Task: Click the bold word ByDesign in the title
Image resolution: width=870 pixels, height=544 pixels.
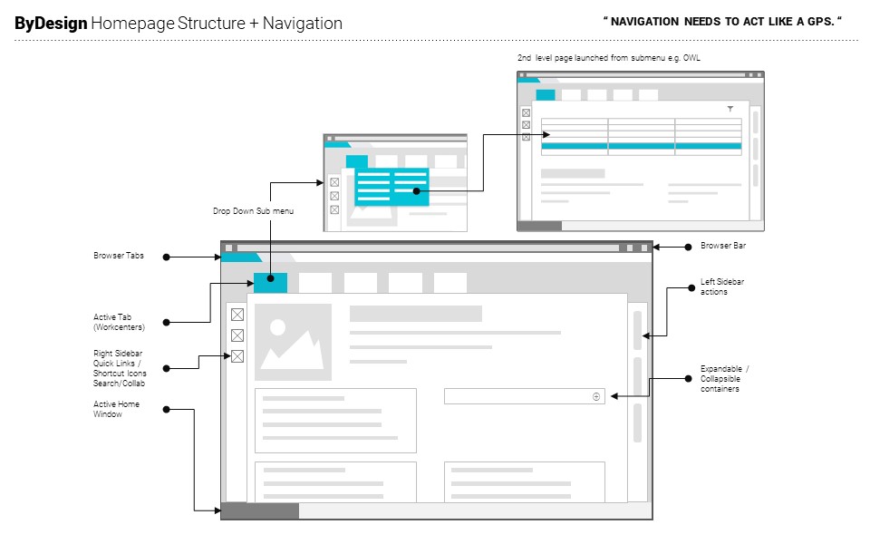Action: click(51, 24)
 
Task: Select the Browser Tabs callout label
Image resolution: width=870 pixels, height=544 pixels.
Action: click(118, 257)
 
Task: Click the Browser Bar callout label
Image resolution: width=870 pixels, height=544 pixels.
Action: click(722, 246)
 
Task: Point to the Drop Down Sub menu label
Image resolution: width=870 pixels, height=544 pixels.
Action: click(253, 210)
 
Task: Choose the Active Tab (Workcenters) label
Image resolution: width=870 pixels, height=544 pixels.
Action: click(119, 322)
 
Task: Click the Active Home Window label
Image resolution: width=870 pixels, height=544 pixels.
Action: click(116, 409)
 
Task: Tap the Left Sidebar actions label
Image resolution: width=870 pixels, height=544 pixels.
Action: click(722, 287)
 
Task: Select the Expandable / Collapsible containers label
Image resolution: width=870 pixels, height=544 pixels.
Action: click(725, 379)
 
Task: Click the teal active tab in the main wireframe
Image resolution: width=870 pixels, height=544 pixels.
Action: click(270, 283)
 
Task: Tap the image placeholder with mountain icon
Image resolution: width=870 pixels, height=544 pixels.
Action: click(294, 343)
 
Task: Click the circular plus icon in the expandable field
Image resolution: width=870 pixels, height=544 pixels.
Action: click(596, 396)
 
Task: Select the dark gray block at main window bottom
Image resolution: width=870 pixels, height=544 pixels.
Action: click(260, 511)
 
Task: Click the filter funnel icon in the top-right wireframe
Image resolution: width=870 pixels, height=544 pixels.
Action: click(730, 109)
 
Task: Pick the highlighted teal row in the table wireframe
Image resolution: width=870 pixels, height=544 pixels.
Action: click(641, 145)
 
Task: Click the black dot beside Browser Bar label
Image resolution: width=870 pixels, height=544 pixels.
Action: click(687, 246)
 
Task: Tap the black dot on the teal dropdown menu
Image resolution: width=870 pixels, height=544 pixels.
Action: click(416, 191)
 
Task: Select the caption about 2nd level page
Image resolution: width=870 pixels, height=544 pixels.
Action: click(608, 58)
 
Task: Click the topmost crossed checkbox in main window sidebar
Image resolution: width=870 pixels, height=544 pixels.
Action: click(237, 315)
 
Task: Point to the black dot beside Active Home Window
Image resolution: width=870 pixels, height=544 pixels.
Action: click(166, 409)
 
